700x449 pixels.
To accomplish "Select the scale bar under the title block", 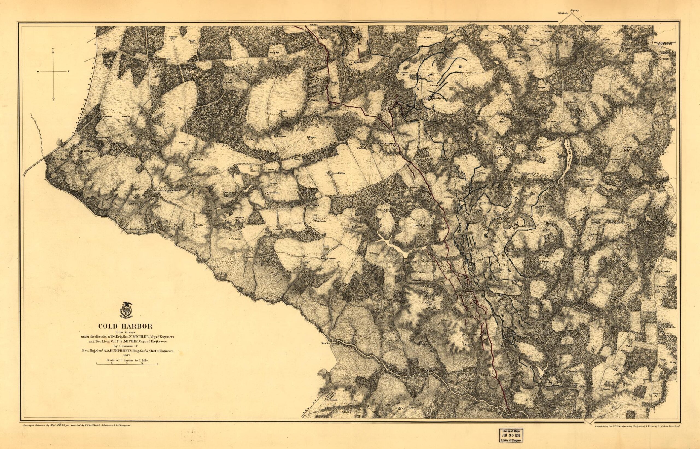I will point(127,364).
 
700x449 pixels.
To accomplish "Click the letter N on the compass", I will point(53,49).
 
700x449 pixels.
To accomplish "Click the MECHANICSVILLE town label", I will point(170,190).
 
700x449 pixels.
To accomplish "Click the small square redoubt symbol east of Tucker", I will point(460,67).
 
